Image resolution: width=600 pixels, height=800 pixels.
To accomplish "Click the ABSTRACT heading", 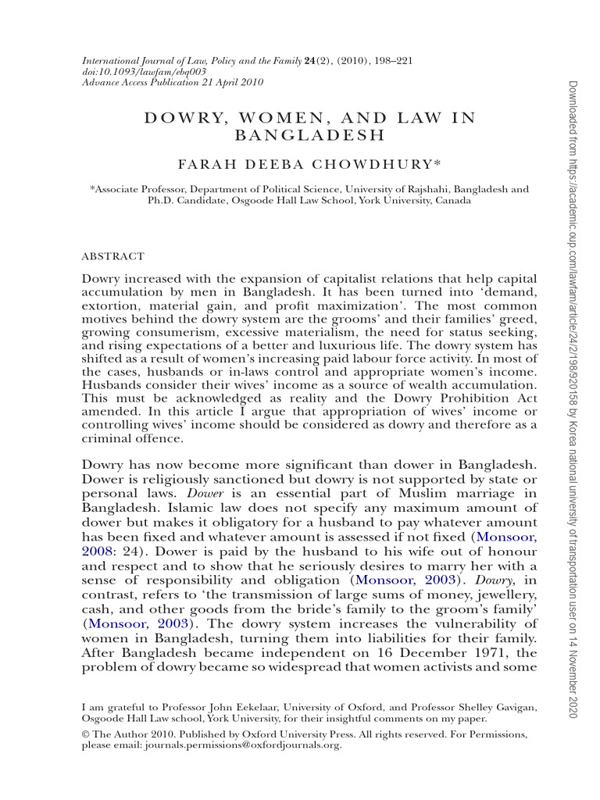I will [113, 255].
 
